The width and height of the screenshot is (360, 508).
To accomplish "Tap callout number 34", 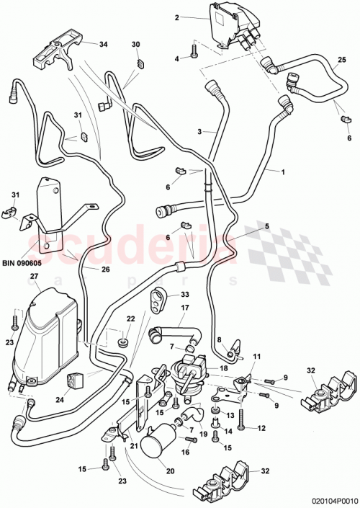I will click(103, 44).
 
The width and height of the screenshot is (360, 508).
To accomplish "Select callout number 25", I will click(342, 58).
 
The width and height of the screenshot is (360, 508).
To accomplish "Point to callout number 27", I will click(33, 277).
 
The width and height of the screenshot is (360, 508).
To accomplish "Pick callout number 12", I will click(261, 429).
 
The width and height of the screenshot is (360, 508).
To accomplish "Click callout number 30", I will click(135, 44).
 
